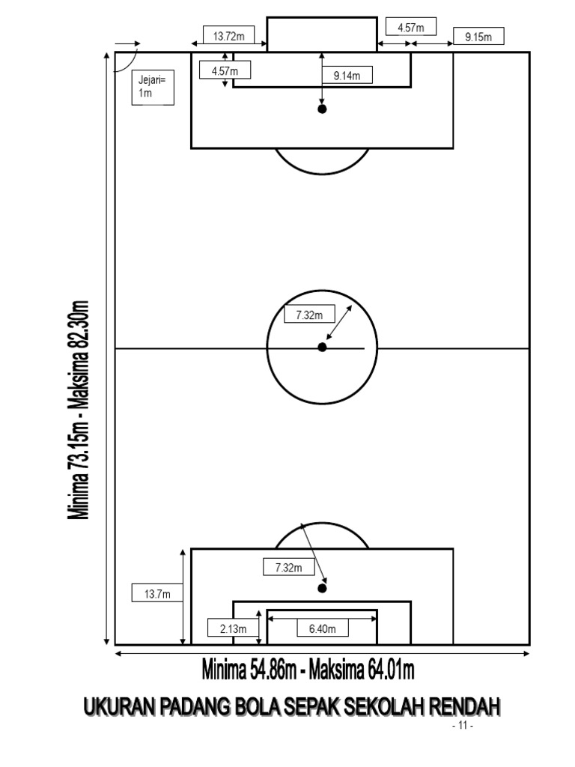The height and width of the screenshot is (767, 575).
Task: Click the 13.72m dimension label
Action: (x=229, y=36)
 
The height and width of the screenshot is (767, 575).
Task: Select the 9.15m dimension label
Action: (x=478, y=37)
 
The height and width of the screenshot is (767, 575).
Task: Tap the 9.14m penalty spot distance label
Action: (x=347, y=76)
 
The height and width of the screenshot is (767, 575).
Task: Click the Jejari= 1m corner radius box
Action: (x=153, y=87)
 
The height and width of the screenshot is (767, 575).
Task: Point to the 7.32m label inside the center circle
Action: (x=309, y=315)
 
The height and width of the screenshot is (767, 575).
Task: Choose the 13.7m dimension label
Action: (x=157, y=594)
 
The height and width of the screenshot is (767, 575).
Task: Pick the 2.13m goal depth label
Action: (x=234, y=628)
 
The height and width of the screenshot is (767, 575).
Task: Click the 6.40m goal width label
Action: (x=323, y=628)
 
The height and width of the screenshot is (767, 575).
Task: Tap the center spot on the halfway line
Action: (x=322, y=348)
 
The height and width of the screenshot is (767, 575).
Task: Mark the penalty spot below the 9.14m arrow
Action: (x=322, y=109)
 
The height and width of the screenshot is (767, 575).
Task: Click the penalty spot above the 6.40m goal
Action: (x=322, y=588)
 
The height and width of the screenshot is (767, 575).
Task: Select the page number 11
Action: (x=463, y=725)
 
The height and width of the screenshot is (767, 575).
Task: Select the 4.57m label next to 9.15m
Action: (x=411, y=27)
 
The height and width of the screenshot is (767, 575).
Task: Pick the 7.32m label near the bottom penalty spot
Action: (x=288, y=567)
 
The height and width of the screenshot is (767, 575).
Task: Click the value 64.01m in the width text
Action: (x=391, y=669)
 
